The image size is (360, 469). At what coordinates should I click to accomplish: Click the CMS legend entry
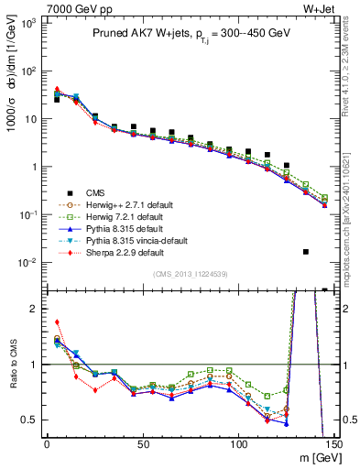95,192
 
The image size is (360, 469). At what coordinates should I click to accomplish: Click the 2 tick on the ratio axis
34,308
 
